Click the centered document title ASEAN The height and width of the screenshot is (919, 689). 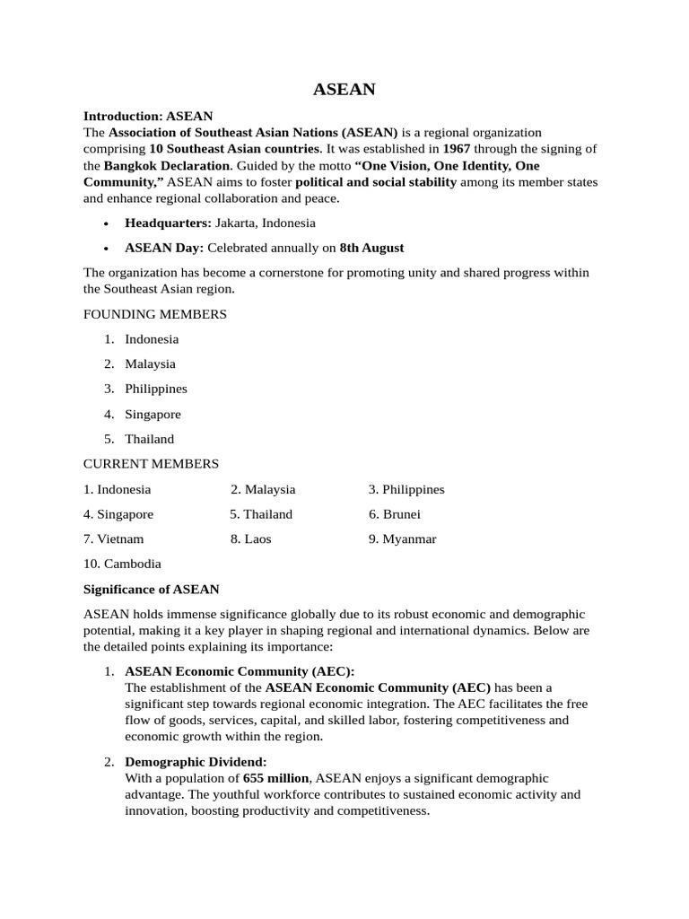point(344,90)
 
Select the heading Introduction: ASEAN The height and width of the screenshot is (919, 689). point(148,116)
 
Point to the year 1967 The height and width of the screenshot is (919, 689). point(458,149)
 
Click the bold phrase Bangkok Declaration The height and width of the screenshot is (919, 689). point(167,166)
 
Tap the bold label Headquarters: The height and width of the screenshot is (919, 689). point(168,223)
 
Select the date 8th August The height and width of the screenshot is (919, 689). point(371,248)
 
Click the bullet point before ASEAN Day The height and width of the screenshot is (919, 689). point(107,249)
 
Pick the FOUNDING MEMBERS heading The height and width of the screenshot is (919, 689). point(154,314)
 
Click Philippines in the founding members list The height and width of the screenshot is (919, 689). point(156,389)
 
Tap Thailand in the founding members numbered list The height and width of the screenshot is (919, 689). point(149,440)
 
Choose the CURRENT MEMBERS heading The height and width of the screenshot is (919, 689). point(151,464)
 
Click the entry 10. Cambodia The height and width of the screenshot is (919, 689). point(122,565)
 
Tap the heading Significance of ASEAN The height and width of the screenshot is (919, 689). point(151,590)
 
